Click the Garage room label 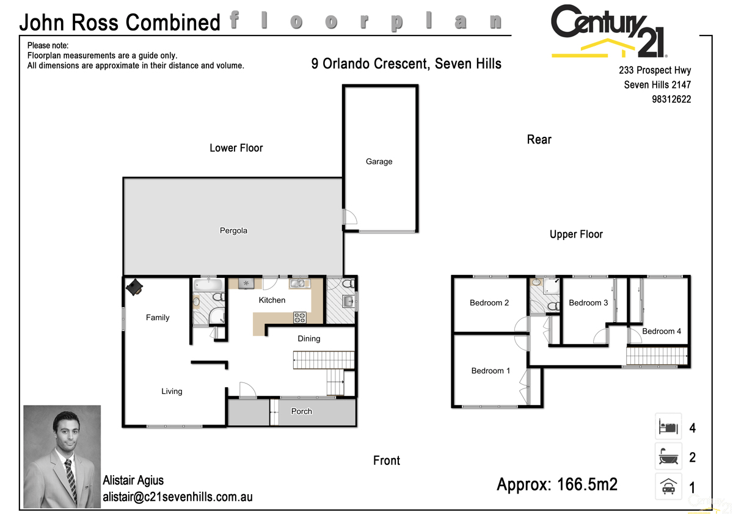tap(379, 162)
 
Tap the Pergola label tap(233, 231)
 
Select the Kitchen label tap(272, 300)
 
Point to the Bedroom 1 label tap(490, 371)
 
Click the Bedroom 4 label tap(662, 331)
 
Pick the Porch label tap(301, 411)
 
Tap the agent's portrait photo tap(62, 456)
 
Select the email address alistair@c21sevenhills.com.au tap(177, 497)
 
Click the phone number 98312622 tap(671, 100)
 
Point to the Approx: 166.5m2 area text tap(557, 485)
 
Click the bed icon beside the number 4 tap(668, 427)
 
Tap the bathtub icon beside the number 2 tap(668, 456)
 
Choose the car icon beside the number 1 tap(668, 486)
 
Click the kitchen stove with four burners tap(300, 316)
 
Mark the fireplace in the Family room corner tap(134, 288)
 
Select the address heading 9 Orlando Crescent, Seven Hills tap(406, 64)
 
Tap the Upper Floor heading tap(576, 235)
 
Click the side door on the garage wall tap(348, 217)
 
